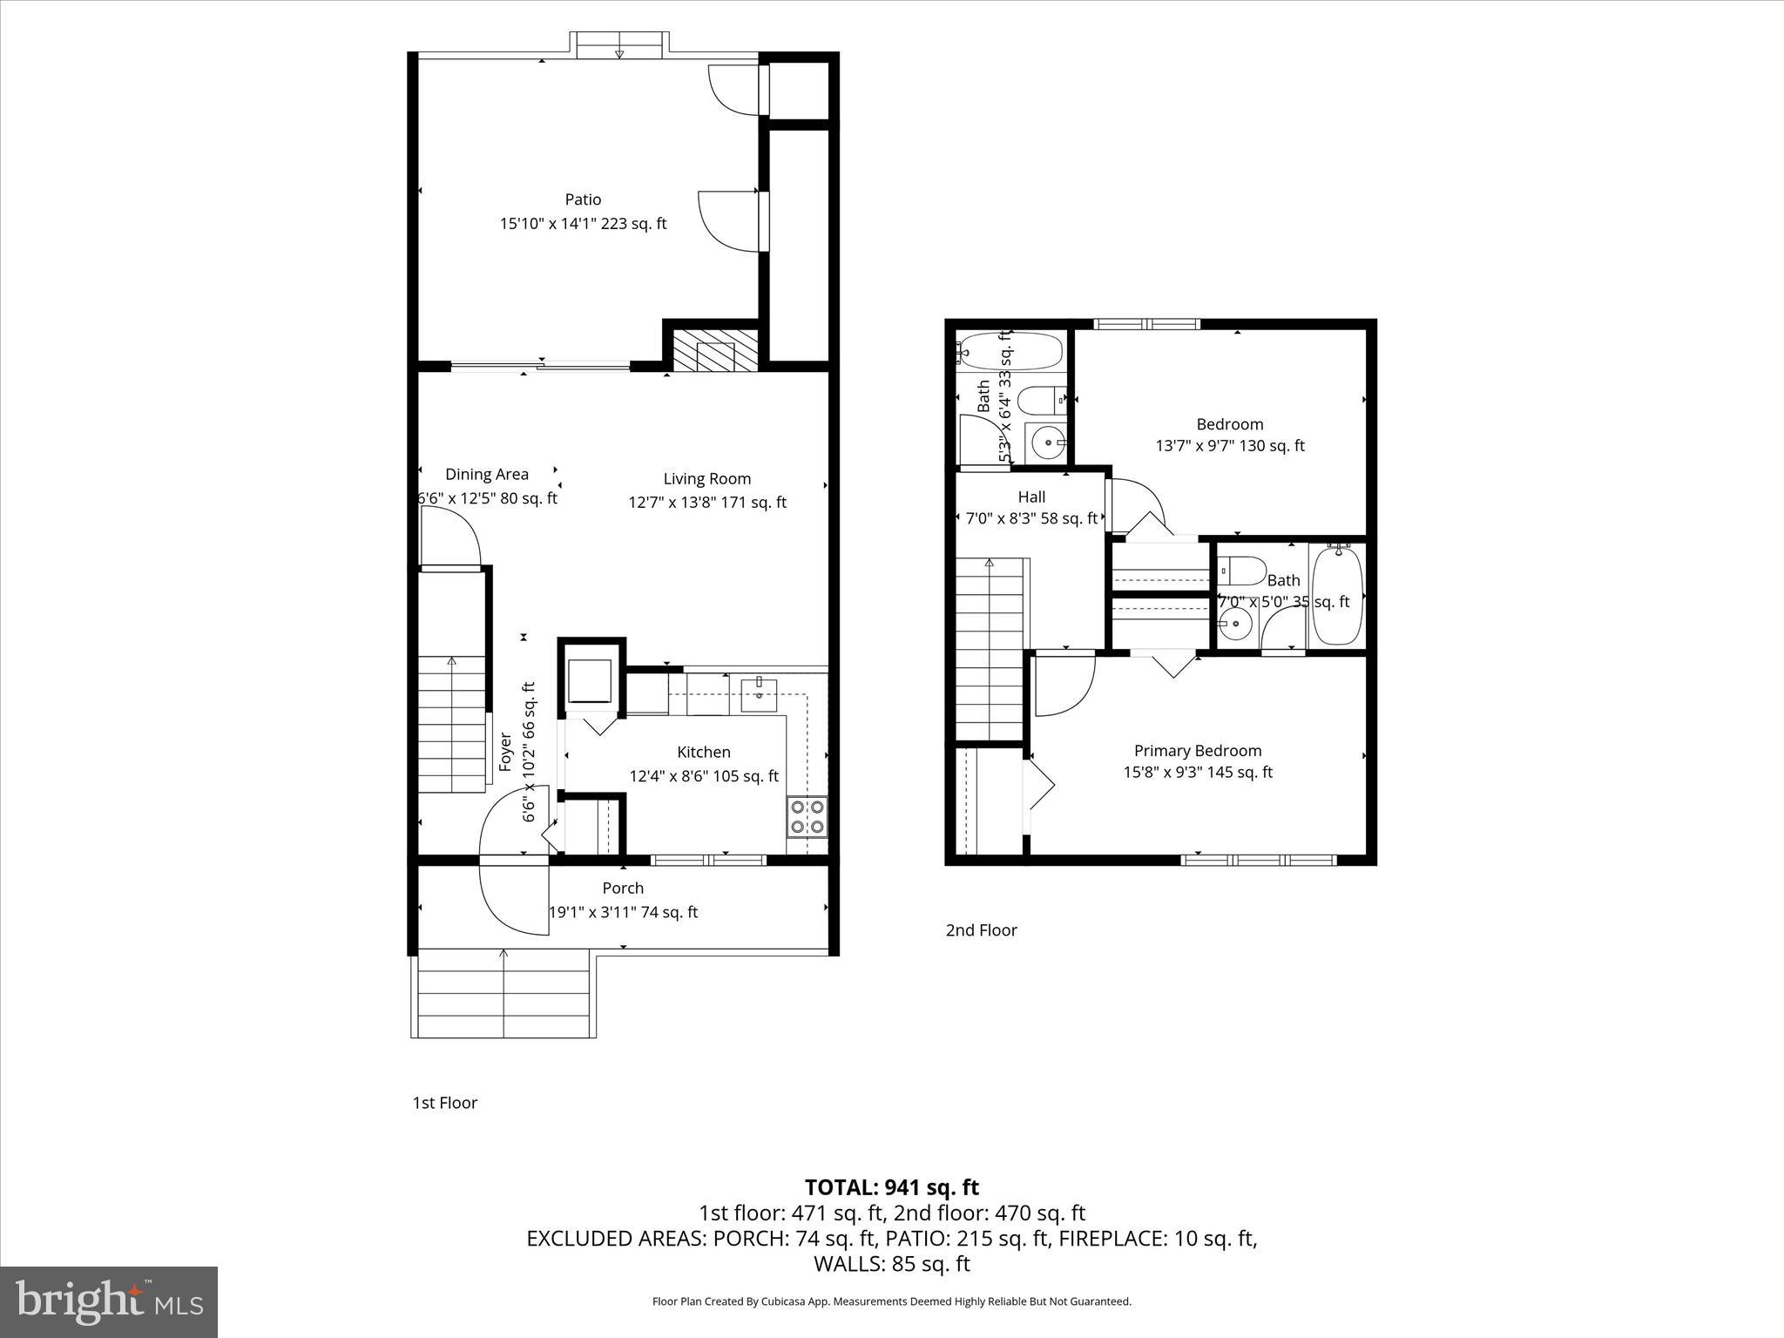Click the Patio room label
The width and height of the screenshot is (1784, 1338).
coord(583,199)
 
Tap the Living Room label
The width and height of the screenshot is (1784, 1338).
coord(706,478)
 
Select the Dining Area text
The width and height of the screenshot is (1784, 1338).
coord(486,474)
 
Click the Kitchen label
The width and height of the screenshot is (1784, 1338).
coord(703,752)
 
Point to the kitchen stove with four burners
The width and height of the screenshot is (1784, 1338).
coord(807,816)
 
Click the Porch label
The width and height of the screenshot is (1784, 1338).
coord(623,888)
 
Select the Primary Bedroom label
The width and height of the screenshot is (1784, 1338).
coord(1197,750)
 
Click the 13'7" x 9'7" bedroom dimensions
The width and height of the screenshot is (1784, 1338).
coord(1229,446)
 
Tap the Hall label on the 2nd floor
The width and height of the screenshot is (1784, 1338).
coord(1031,497)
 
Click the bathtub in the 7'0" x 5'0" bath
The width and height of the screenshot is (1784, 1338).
coord(1336,596)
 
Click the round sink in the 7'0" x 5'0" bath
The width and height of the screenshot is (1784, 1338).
coord(1233,624)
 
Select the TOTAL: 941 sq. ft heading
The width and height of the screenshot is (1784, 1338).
coord(891,1187)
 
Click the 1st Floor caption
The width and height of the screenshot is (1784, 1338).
coord(444,1103)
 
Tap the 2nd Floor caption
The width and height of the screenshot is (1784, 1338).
coord(981,930)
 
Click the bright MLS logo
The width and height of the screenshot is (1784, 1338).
coord(109,1301)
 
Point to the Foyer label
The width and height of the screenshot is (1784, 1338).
coord(505,753)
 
